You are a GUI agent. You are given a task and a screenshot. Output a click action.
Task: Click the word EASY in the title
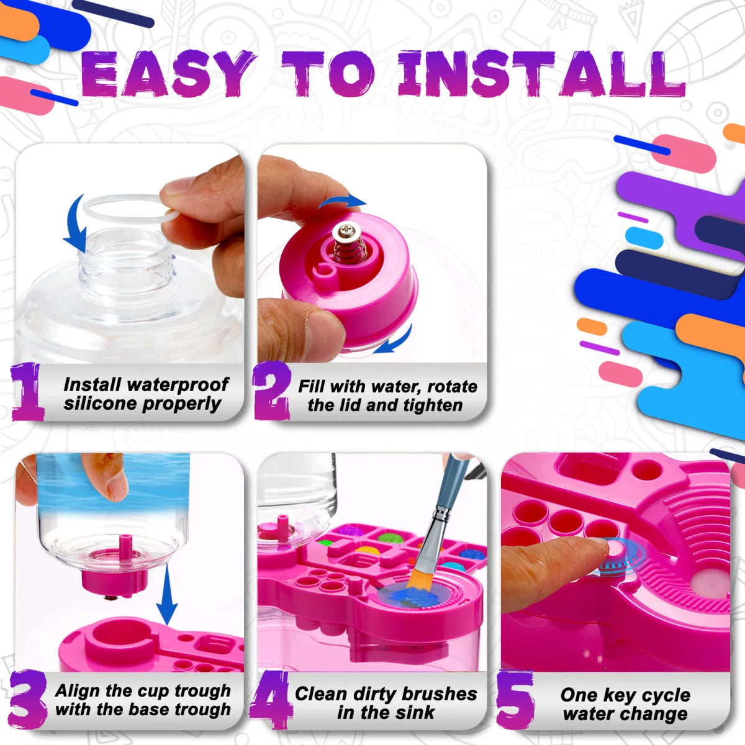(x=168, y=74)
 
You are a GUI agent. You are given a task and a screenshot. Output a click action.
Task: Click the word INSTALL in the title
(x=540, y=74)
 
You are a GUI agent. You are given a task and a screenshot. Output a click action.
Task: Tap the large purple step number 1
(x=27, y=392)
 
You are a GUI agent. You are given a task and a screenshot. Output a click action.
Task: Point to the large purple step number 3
(x=27, y=700)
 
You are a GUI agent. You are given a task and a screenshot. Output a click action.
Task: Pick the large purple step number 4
(x=271, y=700)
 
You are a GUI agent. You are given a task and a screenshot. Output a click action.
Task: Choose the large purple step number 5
(x=515, y=700)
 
